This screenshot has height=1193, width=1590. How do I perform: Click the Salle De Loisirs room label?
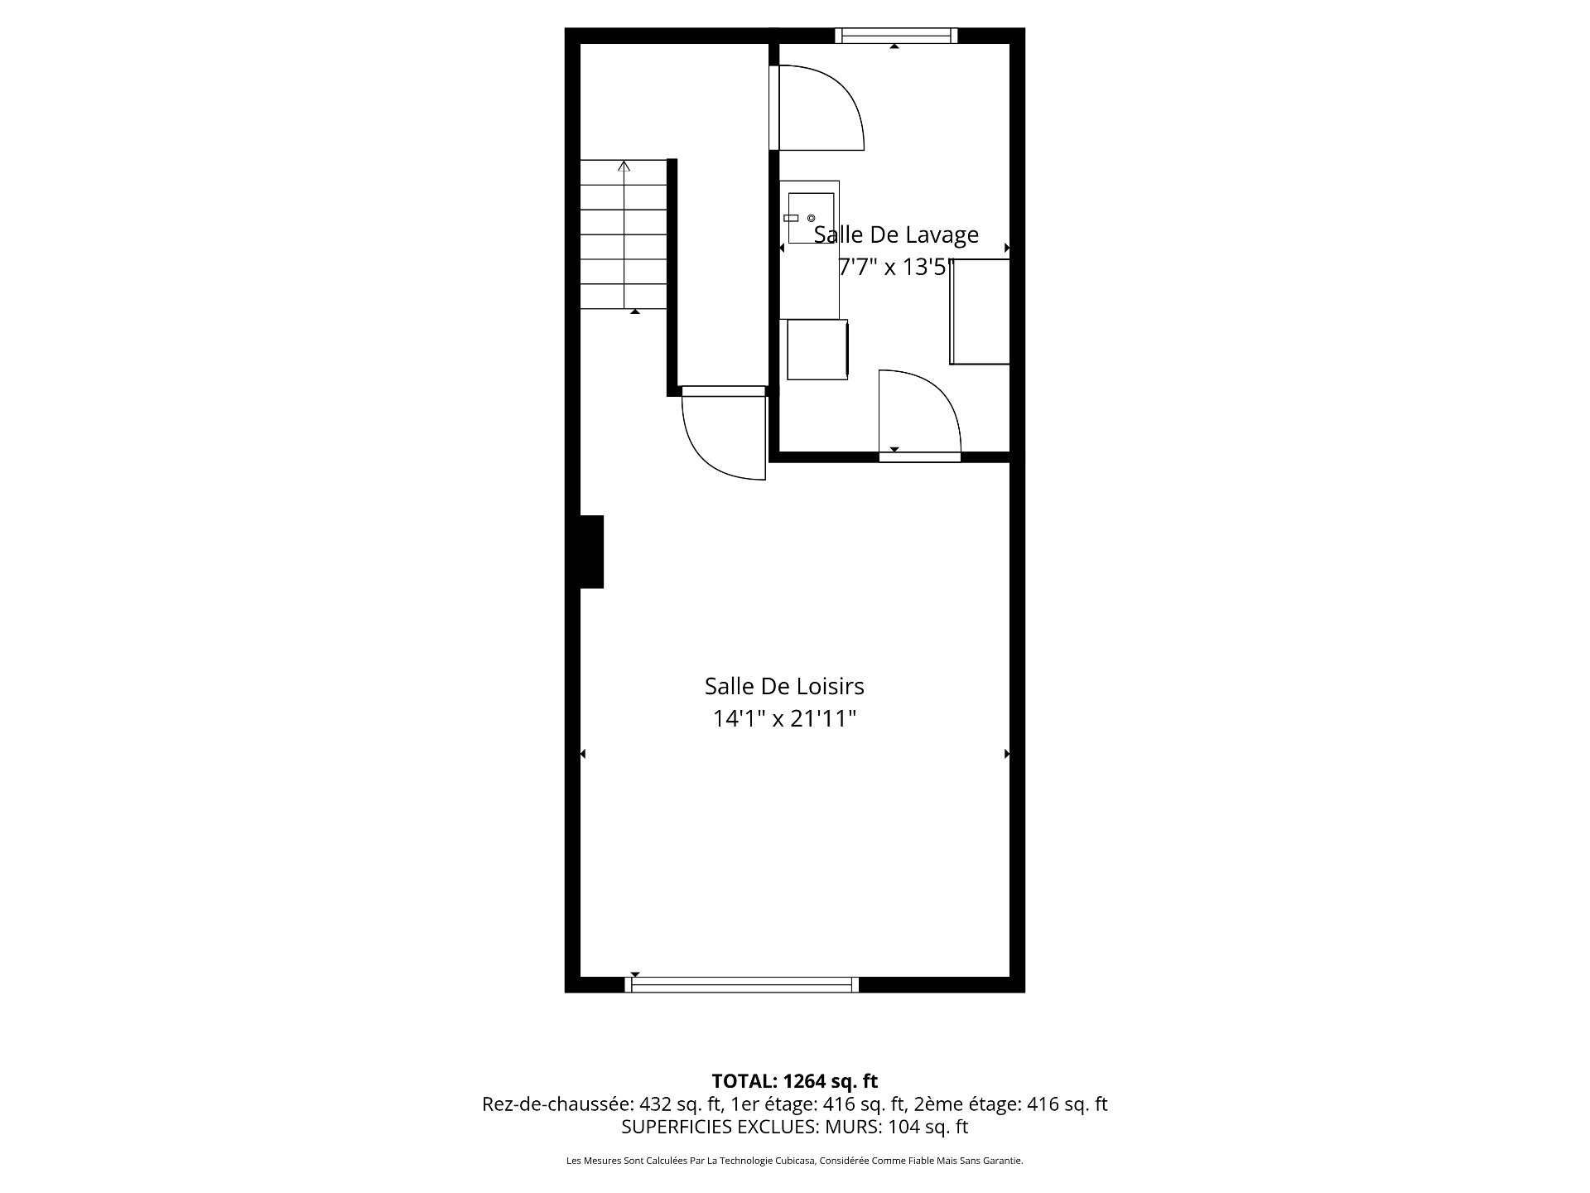coord(784,686)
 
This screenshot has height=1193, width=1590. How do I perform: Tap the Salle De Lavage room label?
coord(896,235)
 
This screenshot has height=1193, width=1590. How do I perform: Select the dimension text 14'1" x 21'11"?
coord(784,719)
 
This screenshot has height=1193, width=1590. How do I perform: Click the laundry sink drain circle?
coord(811,218)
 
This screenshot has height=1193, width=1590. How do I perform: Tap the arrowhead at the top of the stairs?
coord(624,166)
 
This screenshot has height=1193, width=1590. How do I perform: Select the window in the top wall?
coord(895,36)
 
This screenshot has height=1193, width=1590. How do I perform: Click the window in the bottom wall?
coord(741,984)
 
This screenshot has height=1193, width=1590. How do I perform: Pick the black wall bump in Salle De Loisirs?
coord(591,552)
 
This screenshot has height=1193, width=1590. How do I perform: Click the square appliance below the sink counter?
coord(817,350)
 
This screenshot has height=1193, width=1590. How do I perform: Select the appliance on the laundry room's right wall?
coord(980,312)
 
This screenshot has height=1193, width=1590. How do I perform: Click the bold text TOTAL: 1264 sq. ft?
coord(794,1081)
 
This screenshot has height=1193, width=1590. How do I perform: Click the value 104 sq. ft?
coord(927,1127)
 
